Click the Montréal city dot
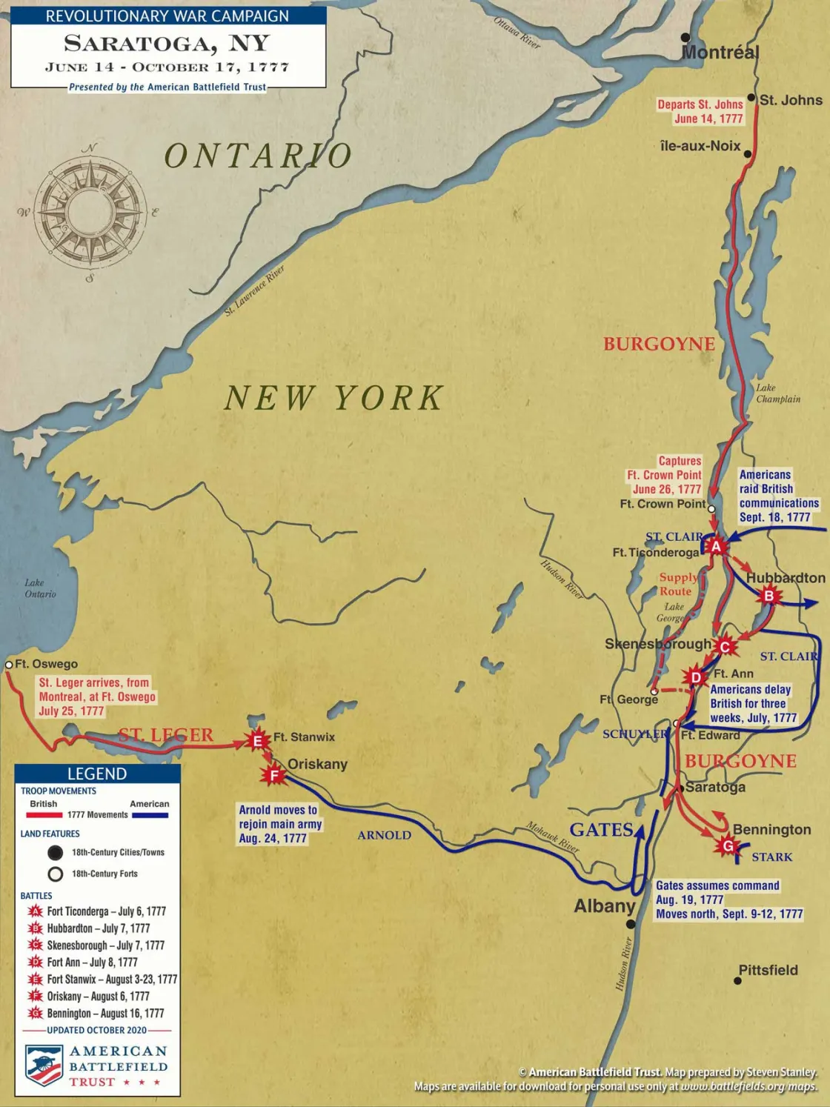[x=685, y=37]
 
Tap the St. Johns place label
[x=790, y=100]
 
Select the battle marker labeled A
[x=716, y=547]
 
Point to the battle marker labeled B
[x=769, y=596]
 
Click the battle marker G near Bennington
[x=728, y=845]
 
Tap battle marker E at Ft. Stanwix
[x=258, y=741]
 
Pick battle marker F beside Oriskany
[x=273, y=775]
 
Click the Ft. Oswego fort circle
[x=9, y=665]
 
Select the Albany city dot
[x=631, y=924]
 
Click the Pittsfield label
[x=768, y=970]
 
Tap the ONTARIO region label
[x=258, y=156]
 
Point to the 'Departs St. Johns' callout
[x=700, y=112]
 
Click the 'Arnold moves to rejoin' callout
[x=280, y=824]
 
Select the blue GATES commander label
[x=601, y=830]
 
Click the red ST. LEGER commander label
[x=166, y=735]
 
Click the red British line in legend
[x=44, y=815]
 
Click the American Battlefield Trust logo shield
[x=44, y=1066]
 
